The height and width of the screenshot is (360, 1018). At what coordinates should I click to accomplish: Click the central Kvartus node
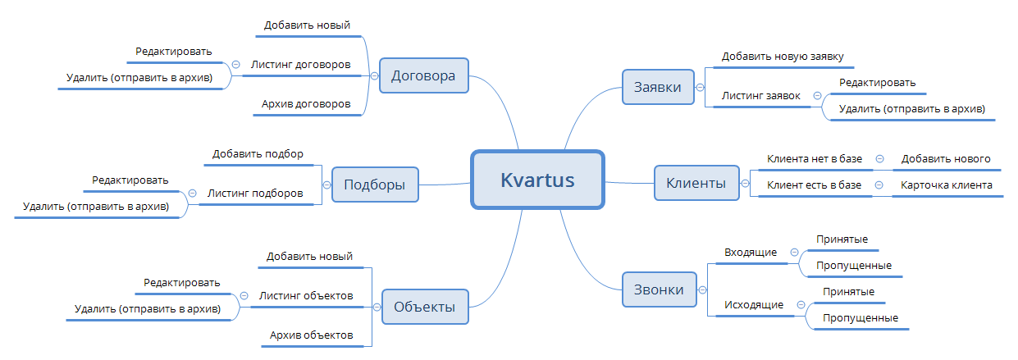pos(537,179)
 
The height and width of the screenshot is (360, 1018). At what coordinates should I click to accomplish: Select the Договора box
pos(422,75)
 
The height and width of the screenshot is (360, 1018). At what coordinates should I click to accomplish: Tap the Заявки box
pos(657,87)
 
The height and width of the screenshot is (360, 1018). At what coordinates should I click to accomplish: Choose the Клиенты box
pos(695,183)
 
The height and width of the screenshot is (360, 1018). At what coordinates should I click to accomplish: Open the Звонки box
pos(657,289)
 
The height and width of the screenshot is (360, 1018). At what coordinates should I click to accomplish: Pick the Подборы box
pos(374,185)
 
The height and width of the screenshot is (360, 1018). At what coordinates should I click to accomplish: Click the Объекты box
pos(424,307)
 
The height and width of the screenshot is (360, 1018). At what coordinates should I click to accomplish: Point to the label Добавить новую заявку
pos(783,57)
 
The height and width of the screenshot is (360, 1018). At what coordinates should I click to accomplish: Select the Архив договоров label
pos(306,104)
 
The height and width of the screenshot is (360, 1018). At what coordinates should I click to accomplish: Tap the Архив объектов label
pos(311,335)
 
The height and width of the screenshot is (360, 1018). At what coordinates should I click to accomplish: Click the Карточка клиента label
pos(946,185)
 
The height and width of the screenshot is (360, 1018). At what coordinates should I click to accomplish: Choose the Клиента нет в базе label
pos(814,158)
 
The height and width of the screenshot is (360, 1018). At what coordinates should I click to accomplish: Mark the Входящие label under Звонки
pos(750,252)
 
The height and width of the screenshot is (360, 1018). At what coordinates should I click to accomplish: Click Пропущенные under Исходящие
pos(860,317)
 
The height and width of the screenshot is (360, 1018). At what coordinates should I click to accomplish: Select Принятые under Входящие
pos(842,239)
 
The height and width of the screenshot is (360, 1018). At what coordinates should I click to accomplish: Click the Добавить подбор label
pos(258,153)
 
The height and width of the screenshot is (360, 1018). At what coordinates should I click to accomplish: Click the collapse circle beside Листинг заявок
pos(817,96)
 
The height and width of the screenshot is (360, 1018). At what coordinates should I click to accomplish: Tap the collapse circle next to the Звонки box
pos(701,289)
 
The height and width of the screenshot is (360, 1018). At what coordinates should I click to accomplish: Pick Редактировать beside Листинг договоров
pos(174,51)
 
